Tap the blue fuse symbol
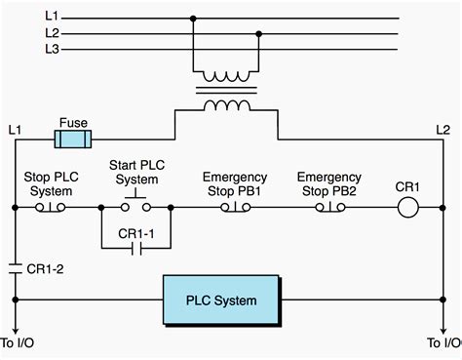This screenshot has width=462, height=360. click(x=74, y=140)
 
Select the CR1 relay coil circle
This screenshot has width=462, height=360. click(x=406, y=207)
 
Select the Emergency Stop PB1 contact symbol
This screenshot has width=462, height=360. click(x=234, y=208)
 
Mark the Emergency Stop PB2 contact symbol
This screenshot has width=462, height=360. click(x=328, y=208)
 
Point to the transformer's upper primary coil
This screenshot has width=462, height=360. click(x=226, y=76)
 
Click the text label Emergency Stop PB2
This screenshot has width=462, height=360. click(x=328, y=183)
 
